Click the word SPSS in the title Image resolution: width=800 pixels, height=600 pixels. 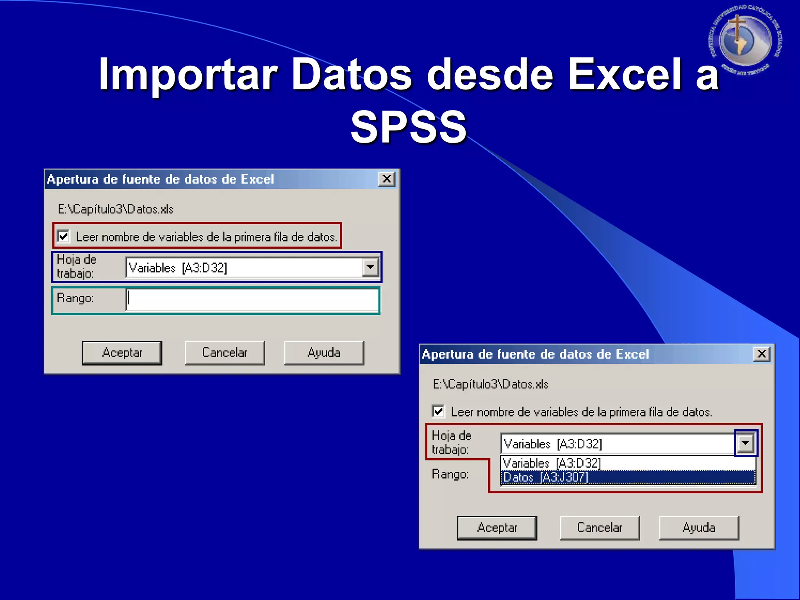(x=409, y=127)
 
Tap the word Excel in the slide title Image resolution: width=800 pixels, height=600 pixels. (x=623, y=74)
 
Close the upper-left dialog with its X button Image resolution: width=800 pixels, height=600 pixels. (x=387, y=179)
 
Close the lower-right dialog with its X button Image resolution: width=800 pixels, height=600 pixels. (x=762, y=354)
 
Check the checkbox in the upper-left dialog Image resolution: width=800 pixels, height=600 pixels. (x=64, y=236)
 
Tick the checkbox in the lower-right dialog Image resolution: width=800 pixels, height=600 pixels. (x=438, y=411)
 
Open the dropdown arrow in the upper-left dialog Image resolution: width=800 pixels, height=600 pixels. (x=370, y=268)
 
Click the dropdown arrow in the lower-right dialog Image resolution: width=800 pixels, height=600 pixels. (x=746, y=443)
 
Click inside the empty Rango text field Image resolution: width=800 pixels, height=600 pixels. (x=252, y=300)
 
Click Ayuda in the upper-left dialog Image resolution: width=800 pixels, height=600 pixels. (x=324, y=353)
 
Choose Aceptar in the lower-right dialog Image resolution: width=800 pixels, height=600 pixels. (x=497, y=528)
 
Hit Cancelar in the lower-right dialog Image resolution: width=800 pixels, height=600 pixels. (x=599, y=528)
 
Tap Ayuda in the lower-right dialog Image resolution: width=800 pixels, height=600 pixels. (x=699, y=528)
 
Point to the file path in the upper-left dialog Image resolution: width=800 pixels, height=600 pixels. (x=116, y=209)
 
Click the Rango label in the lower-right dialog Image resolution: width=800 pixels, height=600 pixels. (x=450, y=474)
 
